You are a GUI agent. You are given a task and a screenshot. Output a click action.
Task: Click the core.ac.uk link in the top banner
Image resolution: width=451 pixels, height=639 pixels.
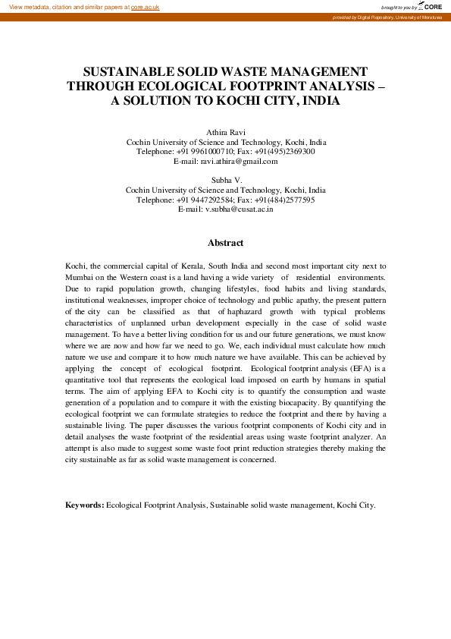coord(145,7)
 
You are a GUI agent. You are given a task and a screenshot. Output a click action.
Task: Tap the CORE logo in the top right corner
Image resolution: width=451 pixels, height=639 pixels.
coord(431,6)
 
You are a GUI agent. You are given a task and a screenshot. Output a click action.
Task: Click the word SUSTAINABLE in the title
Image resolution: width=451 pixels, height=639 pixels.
coord(130,70)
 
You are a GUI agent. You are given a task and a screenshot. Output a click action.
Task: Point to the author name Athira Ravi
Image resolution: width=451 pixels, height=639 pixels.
coord(225,132)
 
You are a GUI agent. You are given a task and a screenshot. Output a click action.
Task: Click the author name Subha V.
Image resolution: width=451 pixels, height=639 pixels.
coord(225,181)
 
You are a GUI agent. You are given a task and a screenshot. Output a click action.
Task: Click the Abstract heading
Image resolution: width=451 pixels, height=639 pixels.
coord(225,243)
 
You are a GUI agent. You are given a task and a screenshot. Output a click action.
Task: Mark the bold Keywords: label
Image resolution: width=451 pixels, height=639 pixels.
coord(84,505)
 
